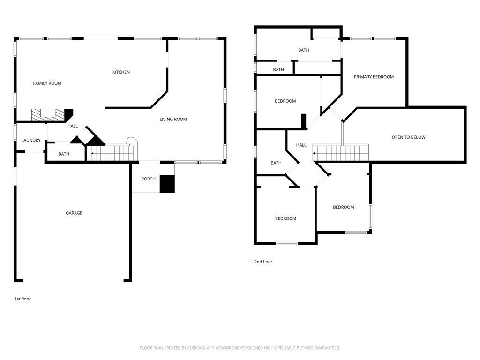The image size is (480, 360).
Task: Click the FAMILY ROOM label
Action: (x=47, y=83)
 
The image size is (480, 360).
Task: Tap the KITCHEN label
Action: (x=121, y=72)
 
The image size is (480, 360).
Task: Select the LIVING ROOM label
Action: (x=173, y=120)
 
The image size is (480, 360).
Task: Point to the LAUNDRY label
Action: (x=31, y=140)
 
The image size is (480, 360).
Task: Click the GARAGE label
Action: (x=74, y=213)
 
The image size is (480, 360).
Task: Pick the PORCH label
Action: (x=149, y=179)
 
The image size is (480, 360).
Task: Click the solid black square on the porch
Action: (x=167, y=184)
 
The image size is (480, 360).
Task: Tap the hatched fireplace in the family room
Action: (x=48, y=115)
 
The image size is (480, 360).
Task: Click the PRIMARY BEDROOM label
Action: (x=374, y=77)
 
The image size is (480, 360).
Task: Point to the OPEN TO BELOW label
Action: (x=409, y=137)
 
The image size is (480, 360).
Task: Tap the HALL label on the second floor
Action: (x=301, y=145)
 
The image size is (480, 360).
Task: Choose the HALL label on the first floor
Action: (x=73, y=126)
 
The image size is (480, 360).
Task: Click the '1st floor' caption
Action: (x=22, y=299)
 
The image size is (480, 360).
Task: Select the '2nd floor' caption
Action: (x=263, y=262)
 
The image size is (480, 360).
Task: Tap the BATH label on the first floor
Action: (x=64, y=154)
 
